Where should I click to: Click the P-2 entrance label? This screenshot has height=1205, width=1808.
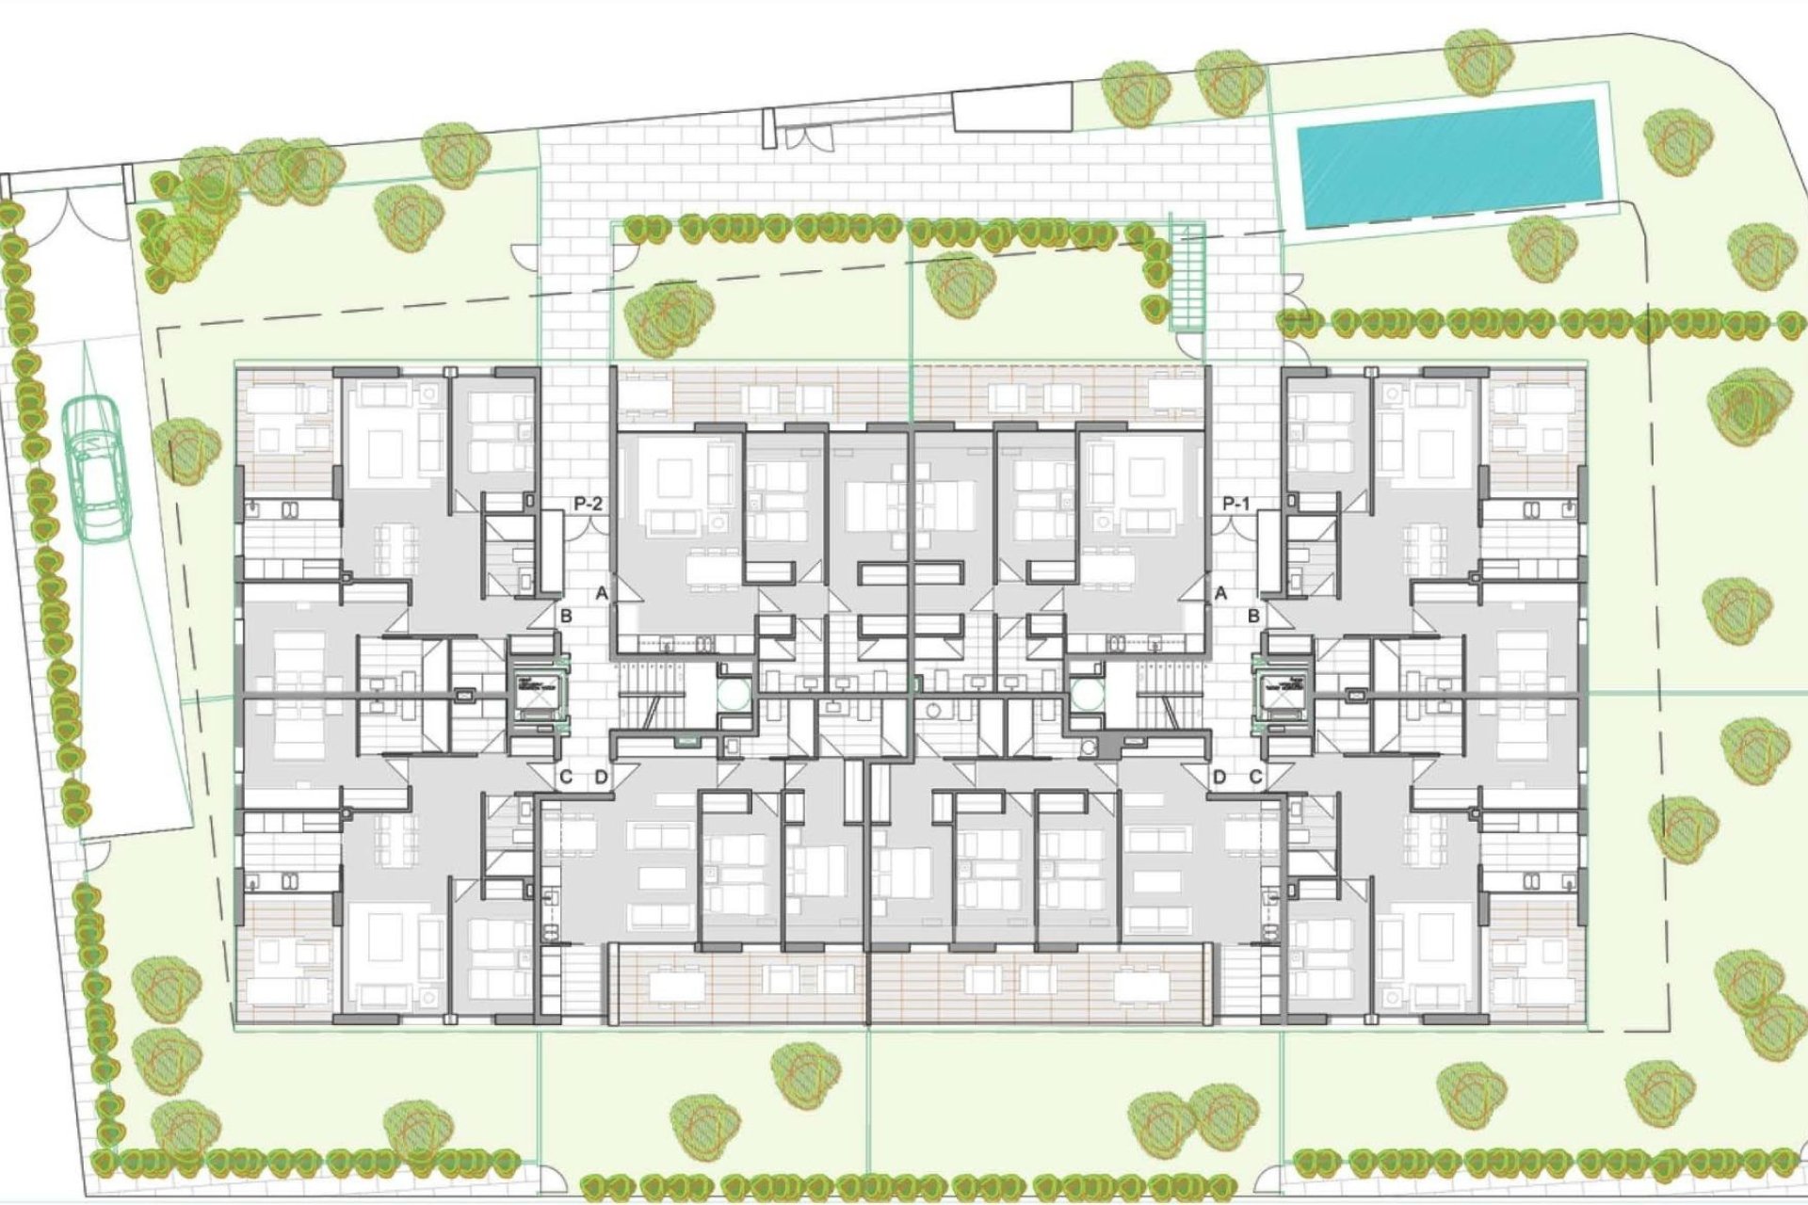[587, 505]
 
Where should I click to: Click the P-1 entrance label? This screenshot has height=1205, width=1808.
[1235, 505]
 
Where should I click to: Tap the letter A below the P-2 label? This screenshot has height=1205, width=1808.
[602, 594]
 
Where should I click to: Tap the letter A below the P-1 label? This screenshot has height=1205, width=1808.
[1221, 594]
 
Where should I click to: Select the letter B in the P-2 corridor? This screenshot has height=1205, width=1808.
[567, 617]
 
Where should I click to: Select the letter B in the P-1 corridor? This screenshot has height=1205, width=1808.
[1254, 617]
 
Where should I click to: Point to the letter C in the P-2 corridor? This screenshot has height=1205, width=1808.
[566, 778]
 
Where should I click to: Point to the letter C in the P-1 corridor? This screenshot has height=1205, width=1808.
[1255, 778]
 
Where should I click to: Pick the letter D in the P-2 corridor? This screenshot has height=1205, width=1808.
[601, 778]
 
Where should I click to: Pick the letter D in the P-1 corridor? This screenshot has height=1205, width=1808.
[1219, 778]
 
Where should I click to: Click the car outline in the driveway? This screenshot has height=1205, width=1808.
[97, 468]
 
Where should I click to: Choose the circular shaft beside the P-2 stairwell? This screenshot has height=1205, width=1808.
[734, 697]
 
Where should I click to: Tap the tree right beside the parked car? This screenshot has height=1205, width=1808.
[186, 449]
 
